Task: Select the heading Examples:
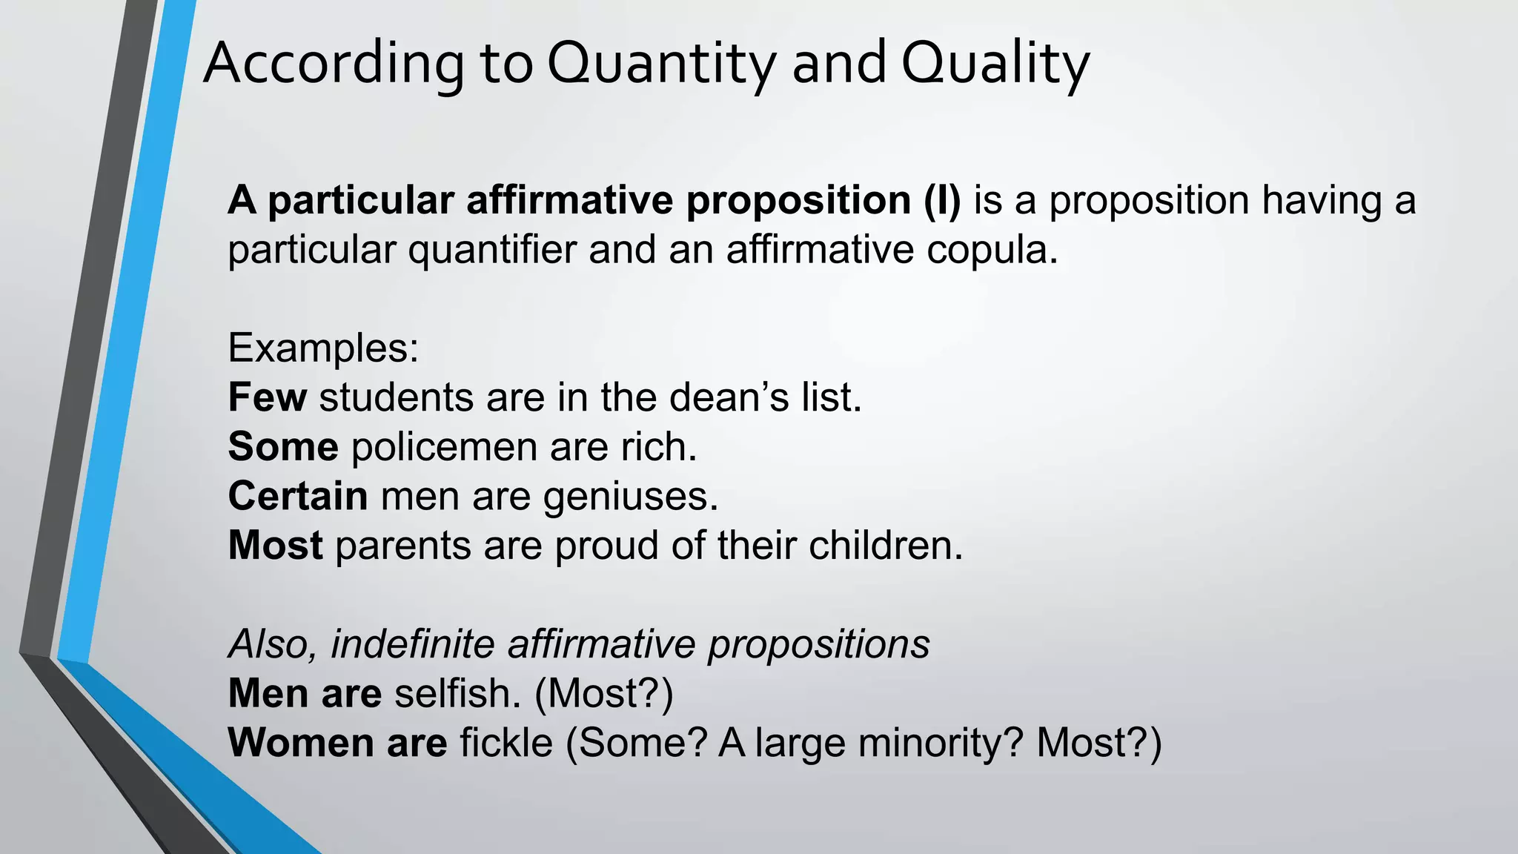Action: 323,348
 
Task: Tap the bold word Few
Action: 267,397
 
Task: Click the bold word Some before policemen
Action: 283,447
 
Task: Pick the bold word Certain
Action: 298,496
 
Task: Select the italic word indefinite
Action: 412,643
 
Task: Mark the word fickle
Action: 506,743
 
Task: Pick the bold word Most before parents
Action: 275,546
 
